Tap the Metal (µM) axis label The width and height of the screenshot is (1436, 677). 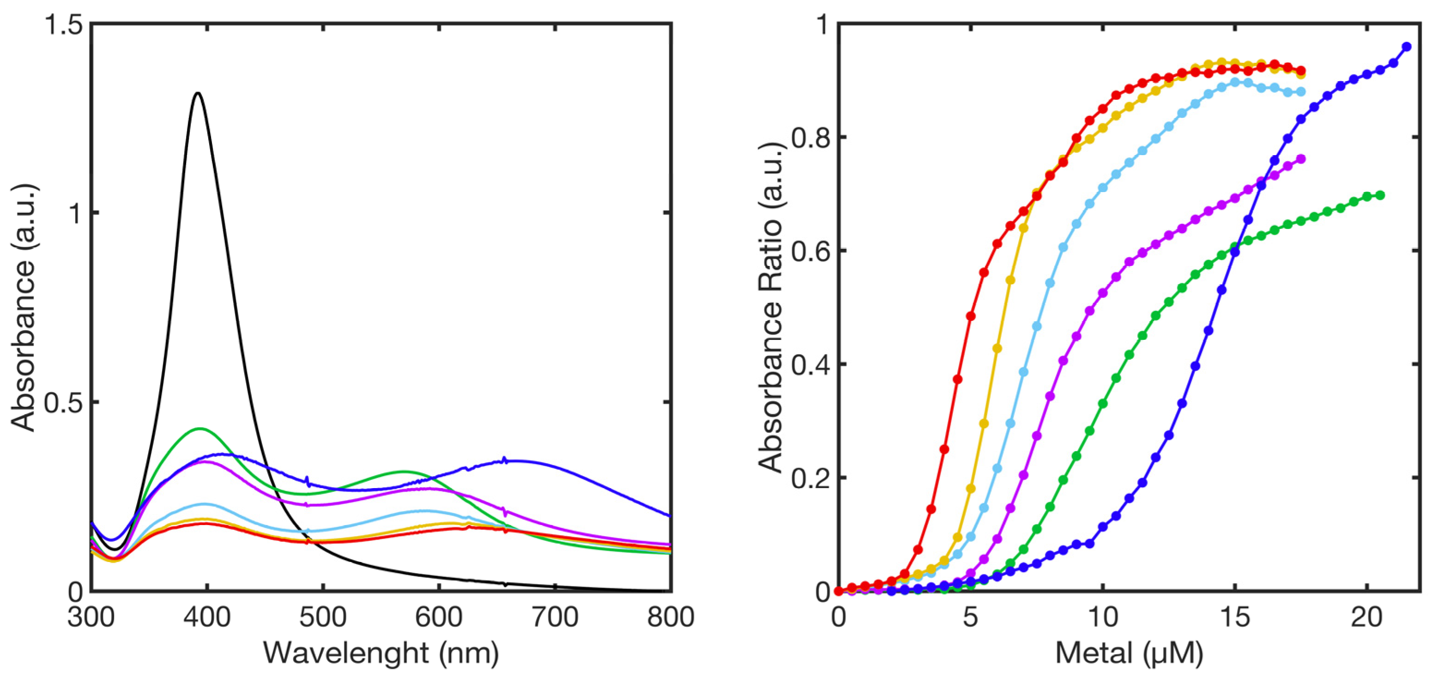pos(1129,653)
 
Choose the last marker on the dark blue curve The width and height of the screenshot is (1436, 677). pos(1406,47)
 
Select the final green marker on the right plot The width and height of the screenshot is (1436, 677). pos(1380,195)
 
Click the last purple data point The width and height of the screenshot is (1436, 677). pos(1301,159)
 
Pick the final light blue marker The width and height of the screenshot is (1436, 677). pos(1301,91)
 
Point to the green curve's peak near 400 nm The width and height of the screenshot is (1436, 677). pos(199,428)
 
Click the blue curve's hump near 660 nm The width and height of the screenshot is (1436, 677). pos(505,460)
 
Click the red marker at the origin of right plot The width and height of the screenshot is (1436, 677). pos(839,591)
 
